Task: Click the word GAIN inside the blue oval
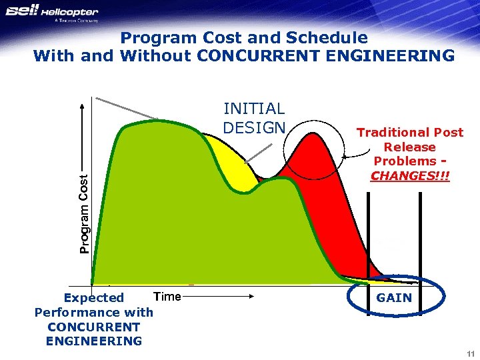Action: (x=394, y=298)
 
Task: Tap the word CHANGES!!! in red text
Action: (x=410, y=176)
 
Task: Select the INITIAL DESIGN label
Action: (x=254, y=118)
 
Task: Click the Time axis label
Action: (x=167, y=297)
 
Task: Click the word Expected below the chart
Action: (x=94, y=298)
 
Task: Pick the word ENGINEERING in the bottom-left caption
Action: (x=94, y=341)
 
